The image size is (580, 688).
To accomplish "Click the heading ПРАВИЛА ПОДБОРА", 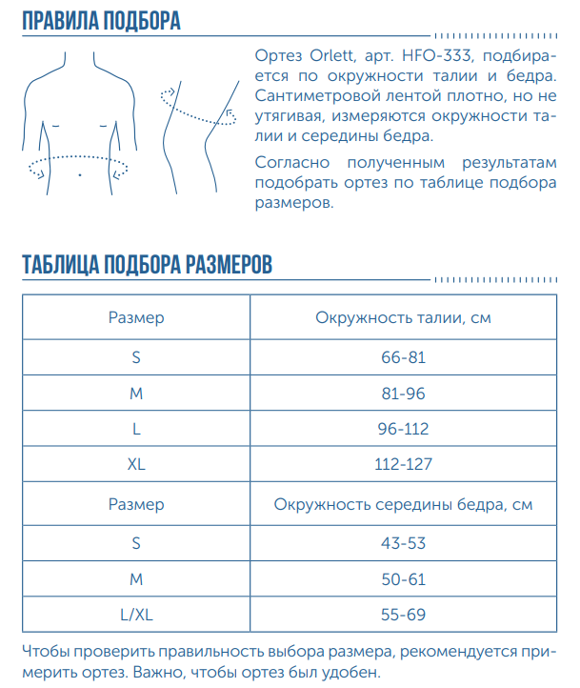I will tap(101, 21).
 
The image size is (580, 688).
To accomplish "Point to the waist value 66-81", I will tap(402, 357).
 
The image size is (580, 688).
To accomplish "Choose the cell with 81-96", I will tap(402, 394).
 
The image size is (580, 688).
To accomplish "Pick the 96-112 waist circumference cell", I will tap(403, 430).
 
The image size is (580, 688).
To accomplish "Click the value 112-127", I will tap(403, 466).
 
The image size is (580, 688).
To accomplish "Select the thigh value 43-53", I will tap(403, 543).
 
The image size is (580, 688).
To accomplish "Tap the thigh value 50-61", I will tap(403, 579).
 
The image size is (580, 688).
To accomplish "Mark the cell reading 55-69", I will tap(403, 616).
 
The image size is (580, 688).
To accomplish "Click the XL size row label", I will tap(136, 466).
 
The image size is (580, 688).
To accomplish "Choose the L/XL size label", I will tap(136, 616).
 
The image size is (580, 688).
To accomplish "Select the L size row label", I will tap(136, 430).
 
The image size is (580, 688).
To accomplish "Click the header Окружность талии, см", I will tap(403, 318).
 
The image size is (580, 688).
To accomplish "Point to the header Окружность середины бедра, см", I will tap(403, 504).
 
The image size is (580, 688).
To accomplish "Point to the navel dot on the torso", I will tap(80, 176).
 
